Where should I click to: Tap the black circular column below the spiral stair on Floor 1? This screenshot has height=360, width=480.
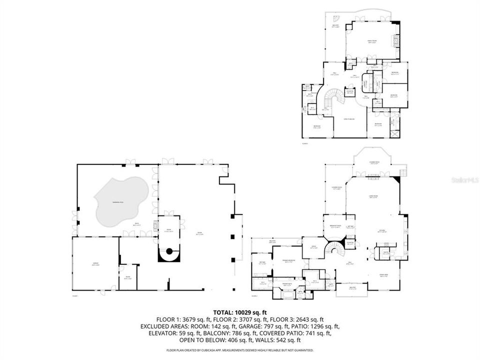[x=169, y=251]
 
